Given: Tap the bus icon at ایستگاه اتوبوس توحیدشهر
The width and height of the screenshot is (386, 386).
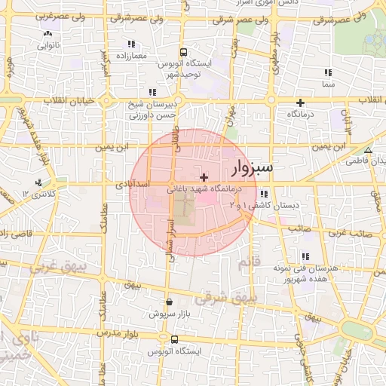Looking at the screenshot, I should click(x=183, y=53).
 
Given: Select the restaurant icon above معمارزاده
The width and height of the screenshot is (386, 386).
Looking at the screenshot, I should click(x=132, y=44).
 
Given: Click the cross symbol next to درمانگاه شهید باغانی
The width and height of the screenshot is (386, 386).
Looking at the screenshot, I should click(x=204, y=176).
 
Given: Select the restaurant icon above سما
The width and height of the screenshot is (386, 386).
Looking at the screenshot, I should click(x=328, y=73).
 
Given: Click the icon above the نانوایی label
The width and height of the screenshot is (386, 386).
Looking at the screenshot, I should click(x=47, y=33).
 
